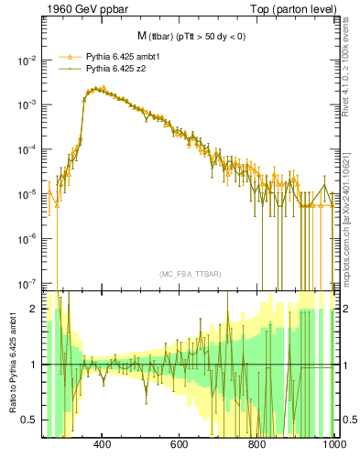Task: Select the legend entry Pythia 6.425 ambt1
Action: (x=125, y=56)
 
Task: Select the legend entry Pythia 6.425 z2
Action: (x=116, y=68)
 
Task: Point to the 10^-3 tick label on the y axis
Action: (x=27, y=104)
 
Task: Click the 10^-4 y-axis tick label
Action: (x=27, y=149)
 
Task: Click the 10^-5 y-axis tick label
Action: (x=27, y=194)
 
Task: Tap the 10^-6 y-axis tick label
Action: (x=27, y=239)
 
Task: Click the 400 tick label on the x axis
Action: (x=103, y=446)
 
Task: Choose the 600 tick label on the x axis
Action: (x=180, y=446)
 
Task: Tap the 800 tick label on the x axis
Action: (x=258, y=446)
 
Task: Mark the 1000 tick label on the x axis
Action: (x=333, y=446)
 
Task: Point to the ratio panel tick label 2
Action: (x=36, y=309)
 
